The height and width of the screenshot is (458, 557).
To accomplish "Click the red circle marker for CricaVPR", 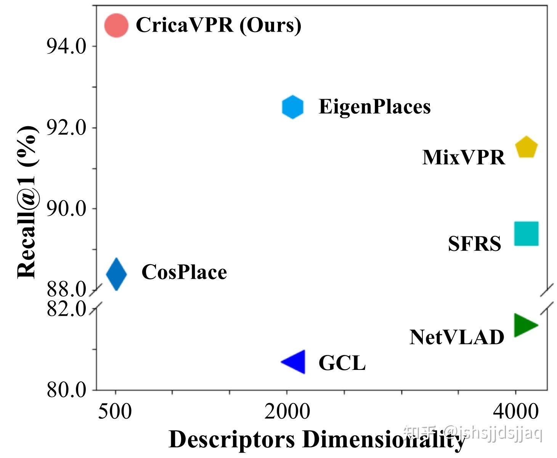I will click(x=116, y=26).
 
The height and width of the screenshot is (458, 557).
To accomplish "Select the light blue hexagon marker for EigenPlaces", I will click(x=293, y=107).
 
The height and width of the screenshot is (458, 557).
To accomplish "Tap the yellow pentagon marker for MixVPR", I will click(x=526, y=147).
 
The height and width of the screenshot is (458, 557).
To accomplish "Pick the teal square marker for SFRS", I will click(x=526, y=233).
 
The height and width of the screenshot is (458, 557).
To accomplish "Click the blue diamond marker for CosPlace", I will click(x=116, y=274).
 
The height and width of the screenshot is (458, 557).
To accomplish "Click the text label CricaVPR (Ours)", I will click(x=218, y=25).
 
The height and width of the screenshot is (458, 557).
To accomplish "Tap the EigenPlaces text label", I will click(x=374, y=106).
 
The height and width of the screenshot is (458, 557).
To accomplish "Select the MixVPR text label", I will click(x=464, y=157).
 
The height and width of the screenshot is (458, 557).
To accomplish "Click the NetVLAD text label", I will click(x=457, y=337).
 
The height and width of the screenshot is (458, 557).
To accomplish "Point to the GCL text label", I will click(x=342, y=363).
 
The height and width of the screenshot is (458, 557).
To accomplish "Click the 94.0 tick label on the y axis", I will click(x=66, y=47).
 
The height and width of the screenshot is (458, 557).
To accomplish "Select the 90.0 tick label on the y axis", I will click(x=66, y=209).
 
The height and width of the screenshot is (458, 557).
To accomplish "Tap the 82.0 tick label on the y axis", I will click(x=66, y=309).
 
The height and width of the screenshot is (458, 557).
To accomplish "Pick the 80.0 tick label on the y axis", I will click(x=66, y=390).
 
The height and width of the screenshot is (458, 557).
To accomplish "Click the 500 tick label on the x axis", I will click(x=115, y=412).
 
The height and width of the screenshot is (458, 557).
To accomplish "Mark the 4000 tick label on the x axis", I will click(x=515, y=412).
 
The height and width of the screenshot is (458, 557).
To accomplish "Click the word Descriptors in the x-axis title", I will click(x=232, y=440).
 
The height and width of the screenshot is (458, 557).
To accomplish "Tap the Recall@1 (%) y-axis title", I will click(x=27, y=202).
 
